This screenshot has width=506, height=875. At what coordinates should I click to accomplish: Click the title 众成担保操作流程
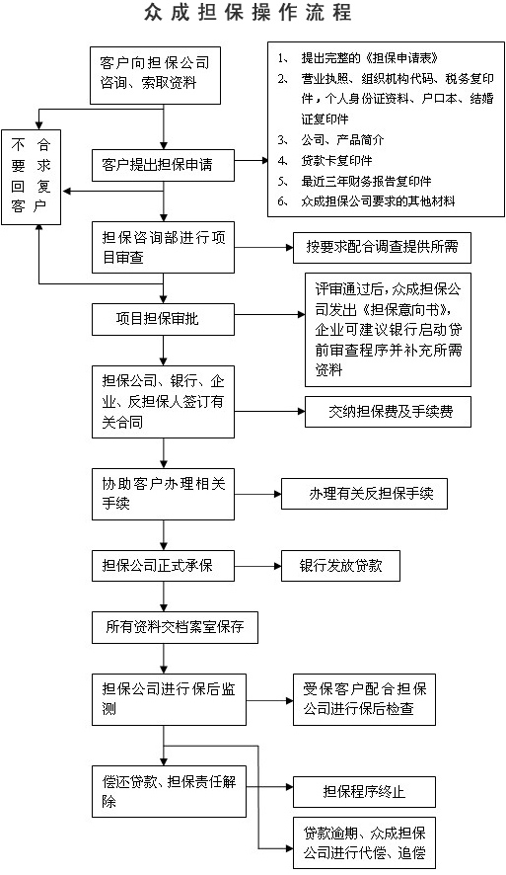248,12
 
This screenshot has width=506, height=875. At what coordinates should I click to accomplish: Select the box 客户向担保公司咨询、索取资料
155,75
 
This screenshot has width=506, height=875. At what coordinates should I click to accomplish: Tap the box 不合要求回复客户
31,177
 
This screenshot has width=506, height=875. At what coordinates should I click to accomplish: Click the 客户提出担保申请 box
163,165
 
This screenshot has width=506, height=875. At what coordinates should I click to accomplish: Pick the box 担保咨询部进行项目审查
163,247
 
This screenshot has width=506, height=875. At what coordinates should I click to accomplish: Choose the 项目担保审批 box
163,319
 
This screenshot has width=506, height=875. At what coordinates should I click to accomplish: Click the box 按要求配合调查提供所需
382,247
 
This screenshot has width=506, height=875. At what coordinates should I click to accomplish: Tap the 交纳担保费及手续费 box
388,412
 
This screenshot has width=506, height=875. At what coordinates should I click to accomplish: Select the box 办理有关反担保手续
364,494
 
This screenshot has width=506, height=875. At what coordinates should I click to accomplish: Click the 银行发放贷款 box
340,566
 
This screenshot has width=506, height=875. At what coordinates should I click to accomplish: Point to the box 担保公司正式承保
163,566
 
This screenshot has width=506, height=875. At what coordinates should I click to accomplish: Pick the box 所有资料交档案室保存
175,627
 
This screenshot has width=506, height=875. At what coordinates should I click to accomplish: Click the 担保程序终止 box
364,792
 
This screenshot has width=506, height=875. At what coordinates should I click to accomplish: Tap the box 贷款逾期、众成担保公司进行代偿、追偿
364,842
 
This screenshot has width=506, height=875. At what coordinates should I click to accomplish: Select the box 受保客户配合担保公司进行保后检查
364,699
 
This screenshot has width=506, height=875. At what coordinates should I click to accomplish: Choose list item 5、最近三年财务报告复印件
354,182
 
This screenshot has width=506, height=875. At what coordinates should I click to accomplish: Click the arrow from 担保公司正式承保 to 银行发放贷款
257,566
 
